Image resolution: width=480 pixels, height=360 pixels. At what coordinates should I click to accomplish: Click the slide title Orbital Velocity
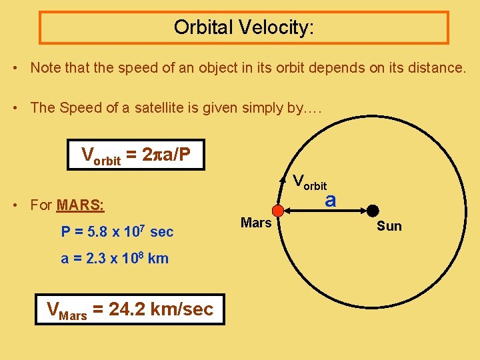(243, 27)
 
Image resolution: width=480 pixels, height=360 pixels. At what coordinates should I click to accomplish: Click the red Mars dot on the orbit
(279, 211)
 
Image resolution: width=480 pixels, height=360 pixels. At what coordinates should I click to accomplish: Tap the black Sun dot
(373, 211)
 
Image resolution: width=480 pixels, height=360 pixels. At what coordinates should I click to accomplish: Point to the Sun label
(389, 226)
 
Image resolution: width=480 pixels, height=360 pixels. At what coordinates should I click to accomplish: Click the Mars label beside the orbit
(256, 223)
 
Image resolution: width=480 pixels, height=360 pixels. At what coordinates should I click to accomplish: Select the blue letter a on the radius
(330, 200)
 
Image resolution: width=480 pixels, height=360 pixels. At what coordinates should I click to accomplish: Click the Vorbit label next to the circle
(310, 181)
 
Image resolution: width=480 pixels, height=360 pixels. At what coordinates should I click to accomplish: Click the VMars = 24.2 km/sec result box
(130, 309)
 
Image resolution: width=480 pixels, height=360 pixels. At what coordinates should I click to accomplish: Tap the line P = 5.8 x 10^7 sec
(117, 232)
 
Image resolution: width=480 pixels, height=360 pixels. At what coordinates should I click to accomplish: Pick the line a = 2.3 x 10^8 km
(115, 259)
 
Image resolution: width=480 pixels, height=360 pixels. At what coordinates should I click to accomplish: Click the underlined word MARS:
(81, 205)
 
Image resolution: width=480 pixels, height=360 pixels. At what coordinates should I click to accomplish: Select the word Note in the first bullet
(45, 67)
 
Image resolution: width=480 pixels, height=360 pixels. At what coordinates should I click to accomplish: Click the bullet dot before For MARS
(16, 205)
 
